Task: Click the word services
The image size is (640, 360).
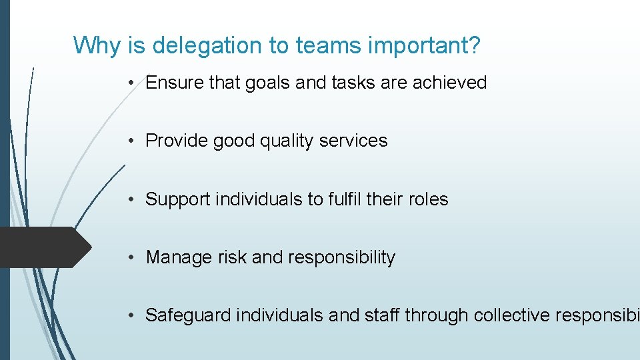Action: click(353, 141)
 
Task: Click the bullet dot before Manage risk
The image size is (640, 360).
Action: click(135, 257)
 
